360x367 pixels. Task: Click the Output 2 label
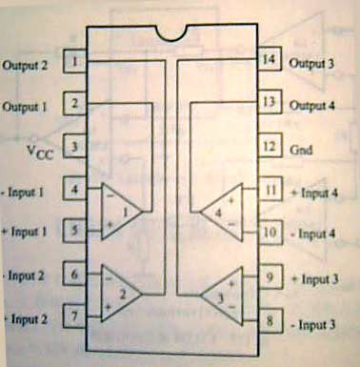pyautogui.click(x=30, y=65)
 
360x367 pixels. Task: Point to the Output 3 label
pyautogui.click(x=312, y=64)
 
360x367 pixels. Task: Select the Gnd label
pyautogui.click(x=300, y=149)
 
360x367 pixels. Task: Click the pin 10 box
pyautogui.click(x=270, y=232)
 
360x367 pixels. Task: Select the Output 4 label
pyautogui.click(x=312, y=105)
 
